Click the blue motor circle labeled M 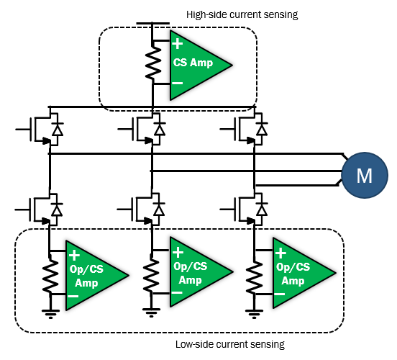[x=365, y=175]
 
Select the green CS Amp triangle [x=198, y=65]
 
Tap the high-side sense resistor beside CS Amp [x=153, y=63]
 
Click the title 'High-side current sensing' [x=242, y=14]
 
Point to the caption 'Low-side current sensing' [x=230, y=344]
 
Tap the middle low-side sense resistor [x=152, y=273]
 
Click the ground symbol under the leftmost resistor [x=50, y=314]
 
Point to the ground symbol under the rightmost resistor [x=254, y=314]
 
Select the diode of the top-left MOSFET [x=58, y=130]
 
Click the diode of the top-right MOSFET [x=262, y=130]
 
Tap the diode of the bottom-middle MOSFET [x=159, y=210]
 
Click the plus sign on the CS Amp [x=177, y=44]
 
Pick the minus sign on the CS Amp [x=177, y=83]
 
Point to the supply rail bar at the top [x=153, y=23]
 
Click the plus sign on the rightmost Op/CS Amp [x=280, y=253]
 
